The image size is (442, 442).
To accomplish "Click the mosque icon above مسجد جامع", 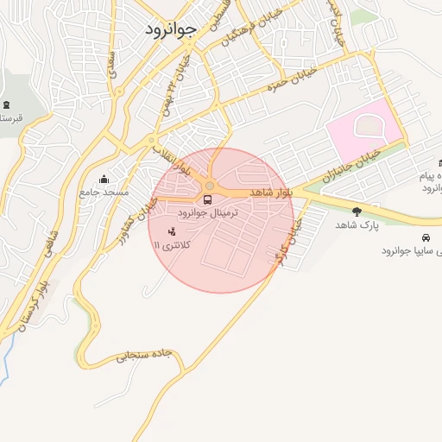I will (104, 180).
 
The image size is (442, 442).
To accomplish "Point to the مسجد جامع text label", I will (104, 192).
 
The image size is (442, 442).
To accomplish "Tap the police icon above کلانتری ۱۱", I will (171, 231).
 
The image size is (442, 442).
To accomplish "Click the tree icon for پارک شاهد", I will (357, 211).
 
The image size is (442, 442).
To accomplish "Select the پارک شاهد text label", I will (357, 224).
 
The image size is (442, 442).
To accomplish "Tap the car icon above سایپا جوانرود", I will (425, 238).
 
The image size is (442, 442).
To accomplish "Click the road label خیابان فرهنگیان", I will (242, 32).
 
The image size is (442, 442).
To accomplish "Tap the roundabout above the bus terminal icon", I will (210, 186).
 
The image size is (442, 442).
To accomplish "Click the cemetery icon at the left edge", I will (6, 104).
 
